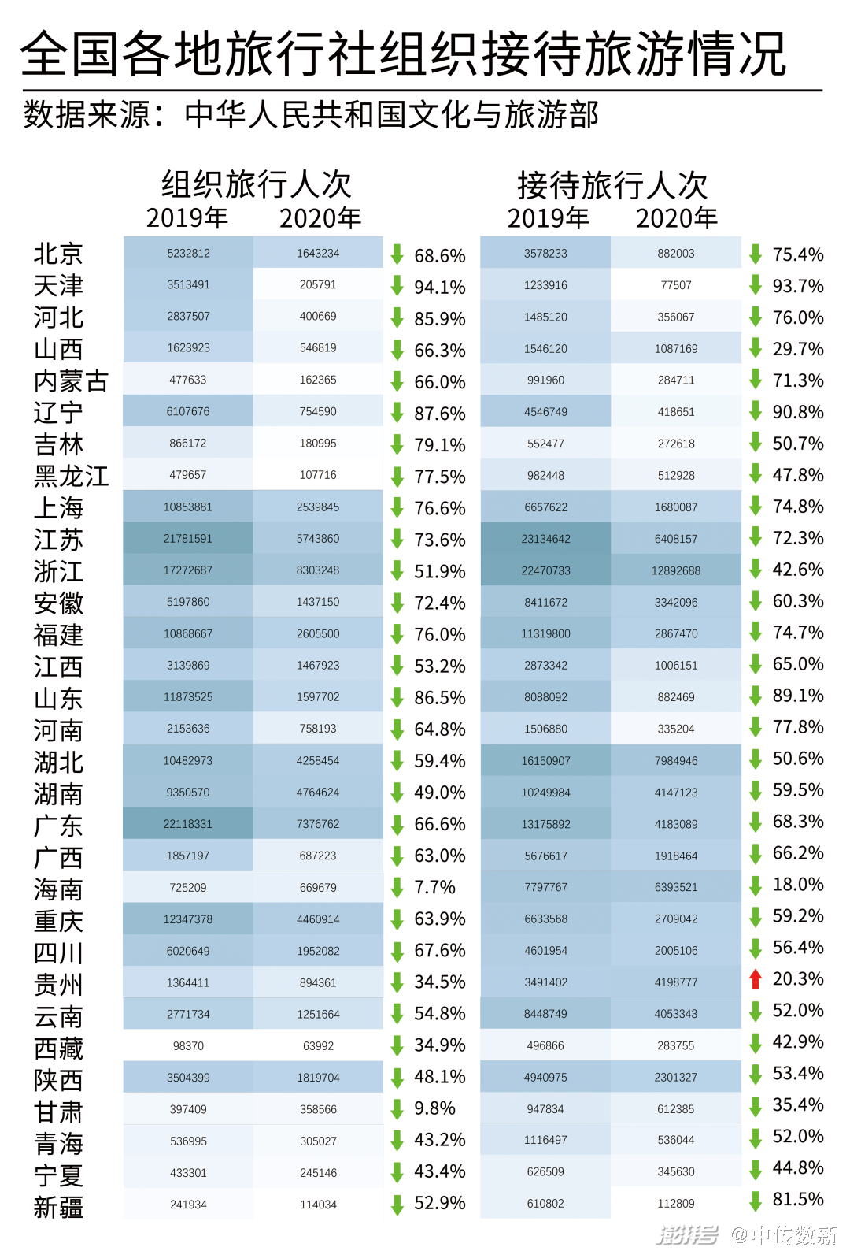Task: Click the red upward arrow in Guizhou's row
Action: (756, 979)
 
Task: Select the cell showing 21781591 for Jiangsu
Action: (188, 539)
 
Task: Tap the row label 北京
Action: (58, 254)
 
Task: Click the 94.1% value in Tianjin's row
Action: (439, 288)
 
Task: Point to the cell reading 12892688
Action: (675, 570)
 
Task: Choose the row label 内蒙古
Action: (71, 381)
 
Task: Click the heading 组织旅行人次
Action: (256, 184)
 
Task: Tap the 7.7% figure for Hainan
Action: (434, 888)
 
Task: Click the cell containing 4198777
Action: (675, 982)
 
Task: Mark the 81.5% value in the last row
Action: (797, 1200)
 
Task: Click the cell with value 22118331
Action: (188, 824)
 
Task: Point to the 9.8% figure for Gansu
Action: (434, 1108)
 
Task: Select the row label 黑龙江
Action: (71, 477)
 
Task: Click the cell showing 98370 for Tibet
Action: (188, 1046)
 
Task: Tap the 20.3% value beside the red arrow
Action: (797, 979)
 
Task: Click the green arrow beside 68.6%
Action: (397, 254)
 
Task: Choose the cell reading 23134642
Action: (545, 539)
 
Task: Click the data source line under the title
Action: (311, 115)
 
